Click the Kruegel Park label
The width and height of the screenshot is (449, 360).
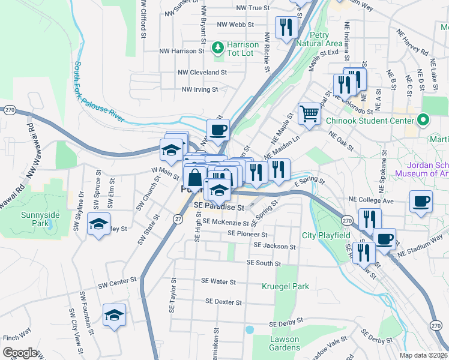pos(285,286)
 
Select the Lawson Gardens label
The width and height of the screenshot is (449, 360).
pos(285,344)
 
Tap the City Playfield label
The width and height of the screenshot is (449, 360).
pos(326,235)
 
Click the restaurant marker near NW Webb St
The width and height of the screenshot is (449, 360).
pos(285,26)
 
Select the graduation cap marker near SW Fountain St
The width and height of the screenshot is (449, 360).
pos(113,314)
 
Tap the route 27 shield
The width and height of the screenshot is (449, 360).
pos(178,220)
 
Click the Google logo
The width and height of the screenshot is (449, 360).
pos(20,353)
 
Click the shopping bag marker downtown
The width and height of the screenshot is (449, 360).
pos(195,178)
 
